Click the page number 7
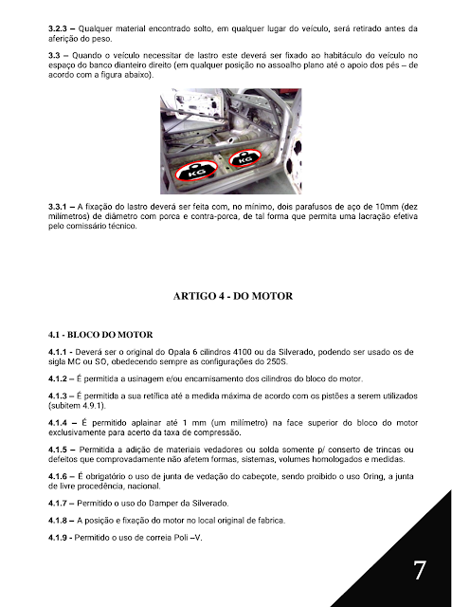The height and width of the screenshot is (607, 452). tap(420, 570)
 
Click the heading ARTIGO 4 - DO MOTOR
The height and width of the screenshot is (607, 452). tap(233, 296)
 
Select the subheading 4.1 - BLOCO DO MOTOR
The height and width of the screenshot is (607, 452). tap(100, 335)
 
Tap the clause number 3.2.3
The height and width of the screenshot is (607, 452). tap(57, 28)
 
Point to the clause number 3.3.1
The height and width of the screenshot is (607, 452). tap(57, 207)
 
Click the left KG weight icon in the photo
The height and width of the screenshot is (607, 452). tap(196, 171)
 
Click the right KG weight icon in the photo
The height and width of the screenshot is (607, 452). tap(244, 157)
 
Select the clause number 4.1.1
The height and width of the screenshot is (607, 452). tap(57, 352)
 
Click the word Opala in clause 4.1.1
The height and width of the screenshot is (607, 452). tap(177, 352)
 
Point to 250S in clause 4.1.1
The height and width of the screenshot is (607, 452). tap(277, 362)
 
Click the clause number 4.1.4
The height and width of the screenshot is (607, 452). tap(58, 423)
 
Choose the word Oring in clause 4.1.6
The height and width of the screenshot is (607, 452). tap(372, 476)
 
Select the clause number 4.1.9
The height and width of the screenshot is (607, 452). tap(58, 538)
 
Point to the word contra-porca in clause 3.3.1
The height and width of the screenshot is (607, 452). tap(214, 216)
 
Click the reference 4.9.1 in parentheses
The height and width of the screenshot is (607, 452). tap(92, 406)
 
